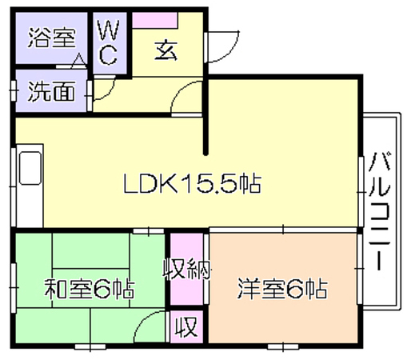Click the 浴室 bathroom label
[52, 38]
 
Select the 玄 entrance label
[166, 50]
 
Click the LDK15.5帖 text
[192, 183]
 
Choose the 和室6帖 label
[89, 289]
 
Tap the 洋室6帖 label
[282, 289]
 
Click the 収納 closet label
[187, 270]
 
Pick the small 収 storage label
[186, 326]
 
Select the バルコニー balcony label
[379, 211]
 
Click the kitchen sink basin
[30, 168]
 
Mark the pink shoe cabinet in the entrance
[155, 20]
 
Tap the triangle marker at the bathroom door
[78, 61]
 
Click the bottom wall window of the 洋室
[283, 346]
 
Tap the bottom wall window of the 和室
[90, 346]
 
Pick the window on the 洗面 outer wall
[14, 91]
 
